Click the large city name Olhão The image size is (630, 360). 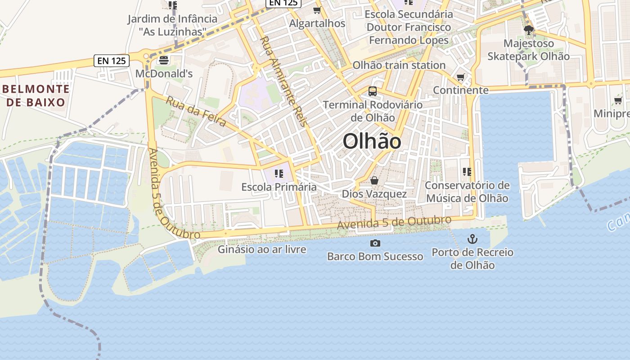pos(372,142)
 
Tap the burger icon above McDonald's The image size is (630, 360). pos(164,60)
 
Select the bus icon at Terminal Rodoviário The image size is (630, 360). pos(373,91)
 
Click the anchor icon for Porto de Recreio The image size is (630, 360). pos(472,238)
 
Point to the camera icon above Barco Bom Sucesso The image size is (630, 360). pos(375,243)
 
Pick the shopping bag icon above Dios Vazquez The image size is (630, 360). pos(374,181)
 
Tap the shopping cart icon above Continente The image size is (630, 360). pos(460,77)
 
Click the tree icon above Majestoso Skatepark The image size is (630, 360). pos(529,31)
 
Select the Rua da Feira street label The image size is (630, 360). pos(196,112)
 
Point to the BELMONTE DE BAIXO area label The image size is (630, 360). pos(36,95)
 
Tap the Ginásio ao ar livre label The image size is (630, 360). pos(262,249)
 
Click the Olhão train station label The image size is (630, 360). pos(399,65)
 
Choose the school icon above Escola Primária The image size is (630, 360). pos(279,173)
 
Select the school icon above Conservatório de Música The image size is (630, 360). pos(467,171)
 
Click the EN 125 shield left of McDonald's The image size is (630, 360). pos(112,60)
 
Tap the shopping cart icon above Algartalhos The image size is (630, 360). pos(317,10)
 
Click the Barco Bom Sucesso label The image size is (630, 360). pos(375,256)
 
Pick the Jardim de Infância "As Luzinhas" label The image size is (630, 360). pos(172,25)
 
